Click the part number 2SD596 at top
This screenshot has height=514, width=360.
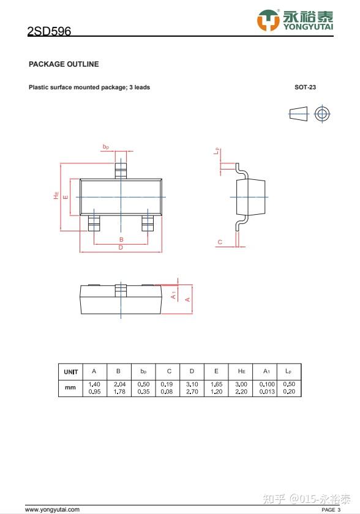pos(49,31)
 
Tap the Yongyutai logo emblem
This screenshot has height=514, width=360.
pos(268,20)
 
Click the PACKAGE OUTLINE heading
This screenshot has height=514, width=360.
pos(64,64)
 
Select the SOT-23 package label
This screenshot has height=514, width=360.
pos(305,87)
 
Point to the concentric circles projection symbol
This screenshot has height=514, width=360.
pos(322,114)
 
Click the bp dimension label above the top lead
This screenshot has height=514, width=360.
pos(105,147)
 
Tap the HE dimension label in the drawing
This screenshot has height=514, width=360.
pos(56,195)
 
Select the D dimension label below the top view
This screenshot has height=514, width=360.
pos(121,247)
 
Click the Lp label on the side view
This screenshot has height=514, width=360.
pos(216,151)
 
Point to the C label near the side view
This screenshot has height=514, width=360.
pos(220,242)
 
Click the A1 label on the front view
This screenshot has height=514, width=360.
pos(173,295)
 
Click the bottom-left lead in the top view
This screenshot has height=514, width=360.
pos(94,223)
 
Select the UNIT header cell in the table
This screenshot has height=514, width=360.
pos(71,372)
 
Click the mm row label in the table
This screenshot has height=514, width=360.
pos(70,387)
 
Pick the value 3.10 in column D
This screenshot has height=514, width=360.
pos(192,384)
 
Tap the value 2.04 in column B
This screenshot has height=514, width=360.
pos(119,384)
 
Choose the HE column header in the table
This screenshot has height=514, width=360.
pos(241,371)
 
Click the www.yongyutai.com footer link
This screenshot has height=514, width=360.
pos(52,509)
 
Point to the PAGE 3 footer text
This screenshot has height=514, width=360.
pos(331,509)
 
